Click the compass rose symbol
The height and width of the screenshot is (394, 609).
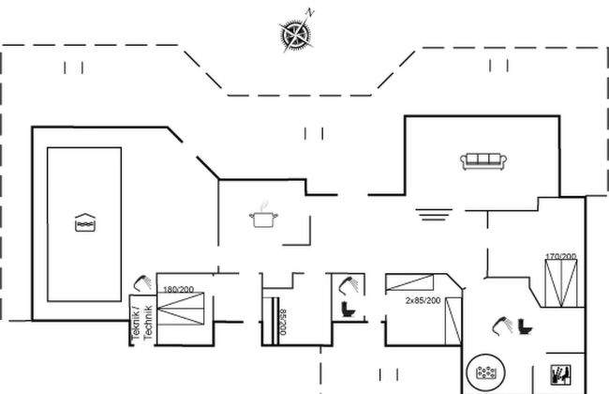pyautogui.click(x=295, y=35)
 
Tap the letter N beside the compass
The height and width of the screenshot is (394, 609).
pyautogui.click(x=309, y=12)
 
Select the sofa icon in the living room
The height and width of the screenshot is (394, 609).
pyautogui.click(x=483, y=161)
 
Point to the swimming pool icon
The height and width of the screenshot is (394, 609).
pyautogui.click(x=85, y=222)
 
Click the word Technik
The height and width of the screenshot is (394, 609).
pyautogui.click(x=148, y=323)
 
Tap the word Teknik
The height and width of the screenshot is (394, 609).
pyautogui.click(x=136, y=324)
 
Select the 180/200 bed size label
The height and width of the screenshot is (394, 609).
pyautogui.click(x=178, y=290)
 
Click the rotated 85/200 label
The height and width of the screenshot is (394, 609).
pyautogui.click(x=283, y=322)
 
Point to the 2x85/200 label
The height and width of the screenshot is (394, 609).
pyautogui.click(x=423, y=300)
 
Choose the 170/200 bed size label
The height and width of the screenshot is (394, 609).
pyautogui.click(x=561, y=257)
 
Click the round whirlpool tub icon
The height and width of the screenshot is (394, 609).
pyautogui.click(x=486, y=372)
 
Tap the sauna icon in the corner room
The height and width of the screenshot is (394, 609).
pyautogui.click(x=561, y=375)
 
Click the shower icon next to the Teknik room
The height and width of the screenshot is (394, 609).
pyautogui.click(x=142, y=283)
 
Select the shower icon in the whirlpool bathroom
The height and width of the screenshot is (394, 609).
pyautogui.click(x=502, y=326)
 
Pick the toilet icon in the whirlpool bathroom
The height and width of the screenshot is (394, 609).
pyautogui.click(x=525, y=326)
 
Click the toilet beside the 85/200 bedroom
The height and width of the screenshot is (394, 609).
pyautogui.click(x=348, y=310)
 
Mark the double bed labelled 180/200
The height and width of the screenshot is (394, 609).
pyautogui.click(x=181, y=309)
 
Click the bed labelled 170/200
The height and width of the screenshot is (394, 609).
pyautogui.click(x=561, y=283)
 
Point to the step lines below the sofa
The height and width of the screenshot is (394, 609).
pyautogui.click(x=434, y=215)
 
